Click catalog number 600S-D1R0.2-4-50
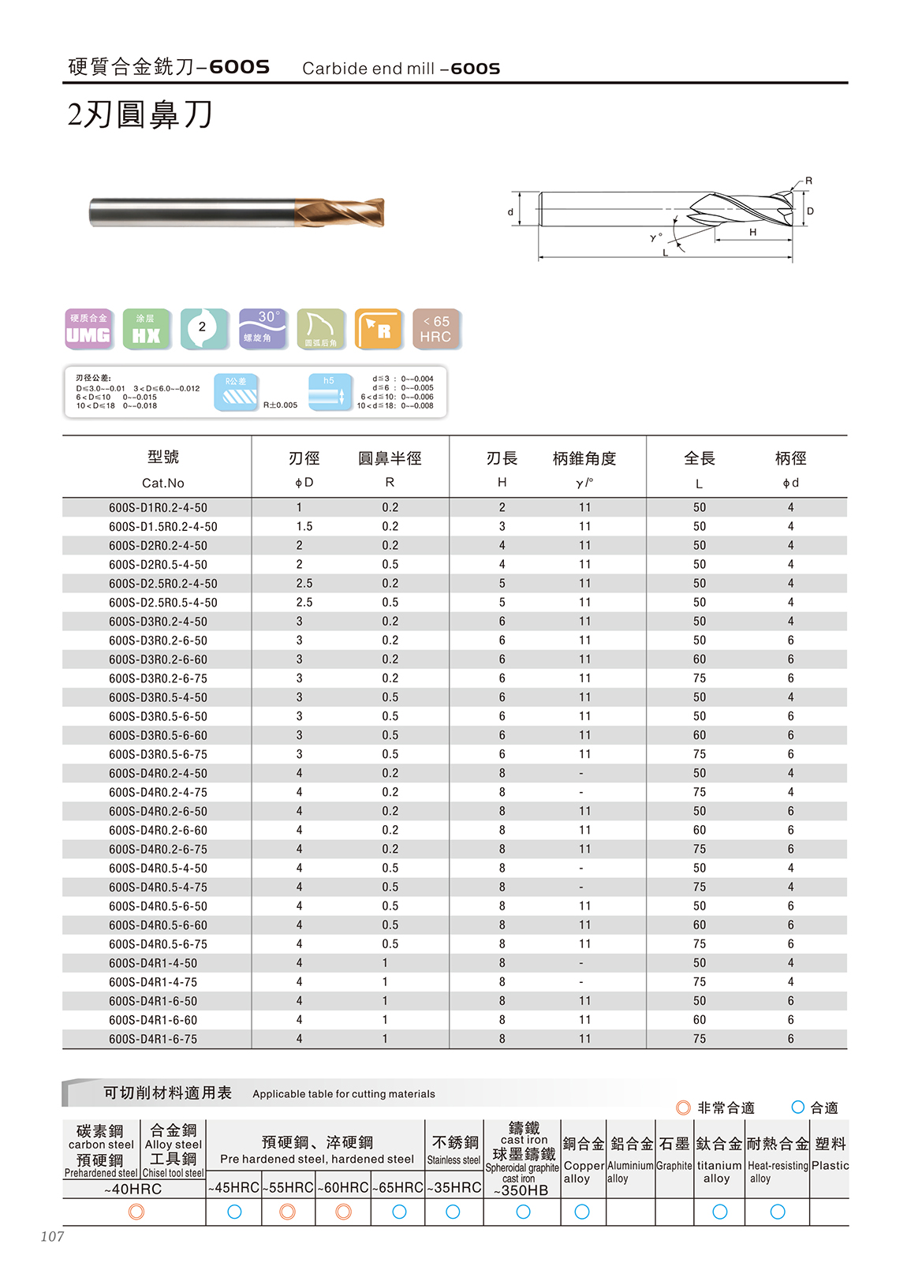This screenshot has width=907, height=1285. click(x=158, y=507)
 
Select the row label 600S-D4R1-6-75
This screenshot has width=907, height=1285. click(x=153, y=1039)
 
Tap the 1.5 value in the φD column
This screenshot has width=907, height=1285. click(x=304, y=526)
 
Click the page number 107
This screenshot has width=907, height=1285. click(x=52, y=1236)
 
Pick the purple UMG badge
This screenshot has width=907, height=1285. click(x=88, y=329)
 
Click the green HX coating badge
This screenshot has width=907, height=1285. click(x=146, y=329)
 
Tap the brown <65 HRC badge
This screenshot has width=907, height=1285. click(x=436, y=329)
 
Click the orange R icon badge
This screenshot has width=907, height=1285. click(x=379, y=329)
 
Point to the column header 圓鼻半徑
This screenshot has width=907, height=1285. click(x=390, y=458)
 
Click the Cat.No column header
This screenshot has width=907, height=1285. click(x=162, y=483)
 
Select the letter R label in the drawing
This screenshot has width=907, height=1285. click(x=808, y=181)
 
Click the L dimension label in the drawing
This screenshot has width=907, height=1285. click(x=666, y=252)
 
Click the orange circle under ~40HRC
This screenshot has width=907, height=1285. click(x=136, y=1212)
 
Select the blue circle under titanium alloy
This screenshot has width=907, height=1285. click(x=719, y=1212)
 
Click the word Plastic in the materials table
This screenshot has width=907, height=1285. click(x=830, y=1165)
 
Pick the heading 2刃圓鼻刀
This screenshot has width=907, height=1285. click(x=140, y=115)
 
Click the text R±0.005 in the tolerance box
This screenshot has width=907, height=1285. click(x=280, y=405)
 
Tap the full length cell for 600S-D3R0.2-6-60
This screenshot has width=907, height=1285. click(x=700, y=659)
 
